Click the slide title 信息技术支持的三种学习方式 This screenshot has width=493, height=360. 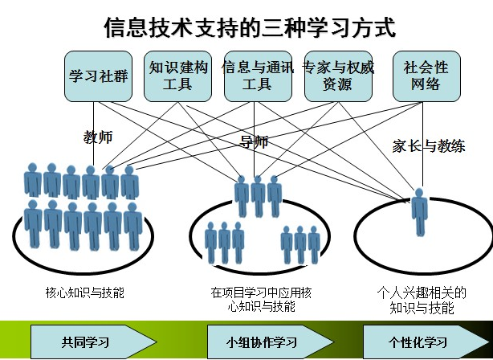(x=249, y=28)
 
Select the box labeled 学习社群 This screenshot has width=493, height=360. (x=97, y=76)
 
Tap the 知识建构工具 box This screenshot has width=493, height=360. (x=177, y=76)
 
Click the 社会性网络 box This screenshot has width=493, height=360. (x=426, y=76)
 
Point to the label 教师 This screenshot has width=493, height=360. (x=98, y=137)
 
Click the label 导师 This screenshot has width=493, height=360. (x=254, y=143)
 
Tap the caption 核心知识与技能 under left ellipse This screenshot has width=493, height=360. (x=85, y=292)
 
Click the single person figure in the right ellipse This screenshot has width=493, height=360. (x=419, y=211)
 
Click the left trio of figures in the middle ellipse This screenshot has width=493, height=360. (x=224, y=241)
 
